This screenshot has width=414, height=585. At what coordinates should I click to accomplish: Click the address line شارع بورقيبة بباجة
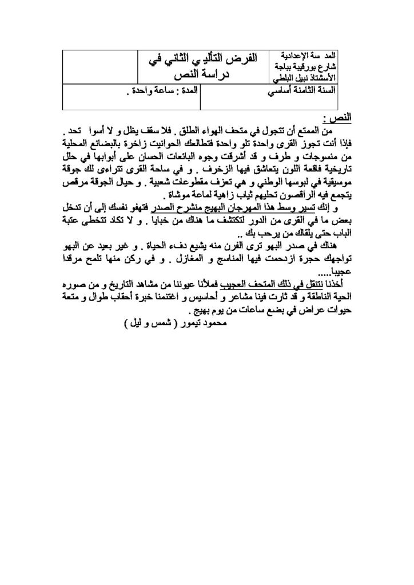310,66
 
